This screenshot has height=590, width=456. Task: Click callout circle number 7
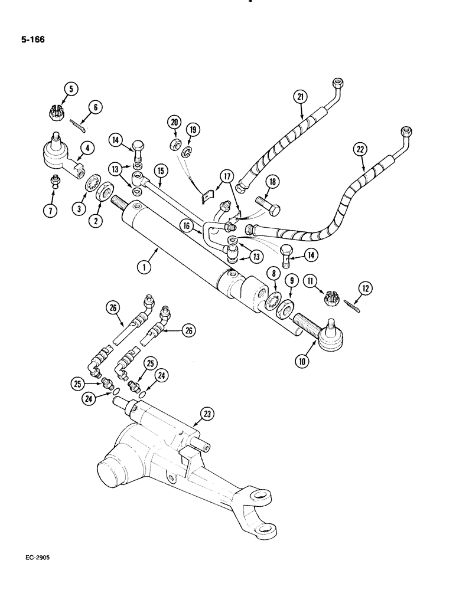point(52,211)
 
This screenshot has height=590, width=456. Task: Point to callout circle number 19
point(191,130)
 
